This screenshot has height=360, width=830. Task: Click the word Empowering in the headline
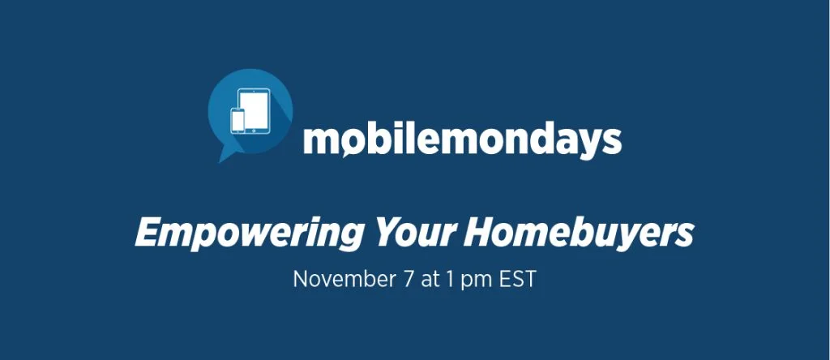pyautogui.click(x=250, y=233)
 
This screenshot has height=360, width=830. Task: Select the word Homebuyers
pyautogui.click(x=579, y=233)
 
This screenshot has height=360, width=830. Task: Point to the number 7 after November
pyautogui.click(x=408, y=279)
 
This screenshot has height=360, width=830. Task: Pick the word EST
pyautogui.click(x=518, y=279)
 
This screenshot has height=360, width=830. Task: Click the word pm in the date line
pyautogui.click(x=477, y=281)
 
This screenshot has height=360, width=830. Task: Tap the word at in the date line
pyautogui.click(x=430, y=280)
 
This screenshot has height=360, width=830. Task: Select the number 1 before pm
pyautogui.click(x=450, y=279)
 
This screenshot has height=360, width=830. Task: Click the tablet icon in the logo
pyautogui.click(x=254, y=110)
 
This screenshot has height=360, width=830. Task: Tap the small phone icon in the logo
pyautogui.click(x=238, y=120)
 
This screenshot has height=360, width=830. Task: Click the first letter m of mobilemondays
pyautogui.click(x=319, y=140)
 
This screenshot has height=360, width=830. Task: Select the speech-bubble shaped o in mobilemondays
pyautogui.click(x=350, y=141)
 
